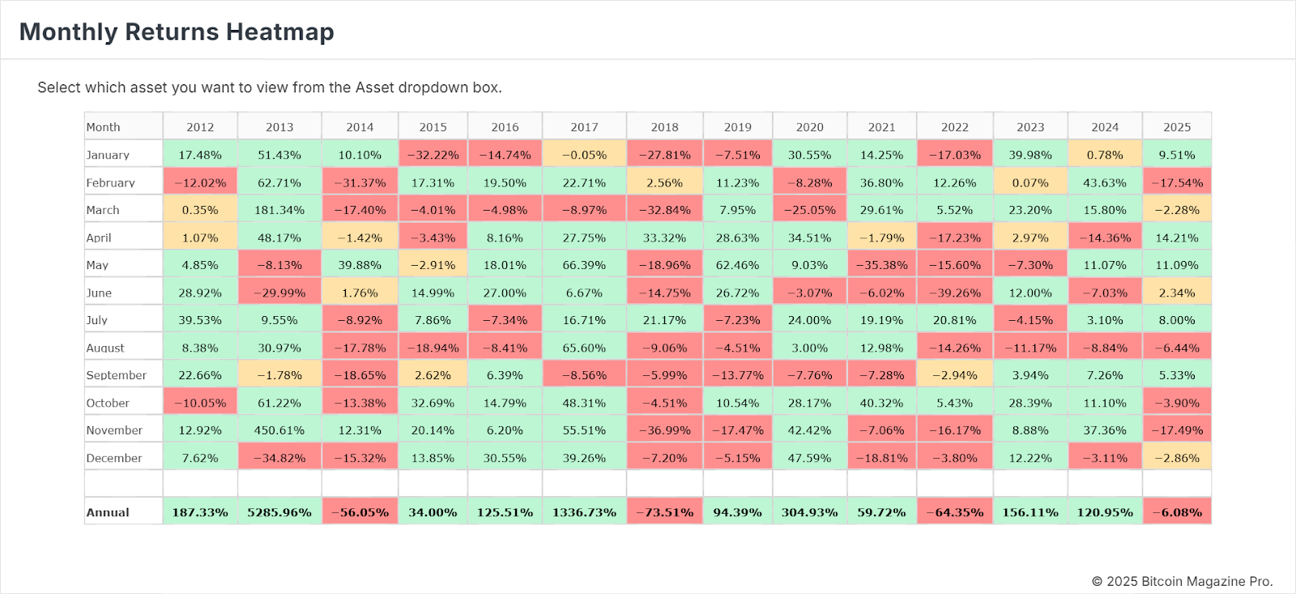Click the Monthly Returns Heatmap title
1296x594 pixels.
[177, 32]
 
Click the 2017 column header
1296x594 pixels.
[584, 127]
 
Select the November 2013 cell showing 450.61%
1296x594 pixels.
[279, 430]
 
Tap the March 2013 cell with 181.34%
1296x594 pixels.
[279, 210]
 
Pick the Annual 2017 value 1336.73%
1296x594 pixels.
[584, 512]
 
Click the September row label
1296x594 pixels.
[117, 375]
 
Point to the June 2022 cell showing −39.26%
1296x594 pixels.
[955, 293]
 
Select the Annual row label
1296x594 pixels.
[108, 512]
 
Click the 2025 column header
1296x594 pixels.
[1177, 127]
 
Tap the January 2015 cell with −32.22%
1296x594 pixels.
[433, 155]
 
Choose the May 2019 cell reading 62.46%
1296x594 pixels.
[737, 265]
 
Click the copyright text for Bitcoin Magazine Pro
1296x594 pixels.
[1182, 581]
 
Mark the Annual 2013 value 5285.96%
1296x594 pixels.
[279, 512]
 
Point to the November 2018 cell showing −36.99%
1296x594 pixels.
[664, 430]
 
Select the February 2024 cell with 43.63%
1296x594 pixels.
[1105, 183]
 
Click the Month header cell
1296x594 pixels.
[104, 127]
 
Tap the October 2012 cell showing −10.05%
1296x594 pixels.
[200, 403]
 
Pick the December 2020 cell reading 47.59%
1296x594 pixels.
[809, 458]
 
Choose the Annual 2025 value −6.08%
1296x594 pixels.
[1177, 512]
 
